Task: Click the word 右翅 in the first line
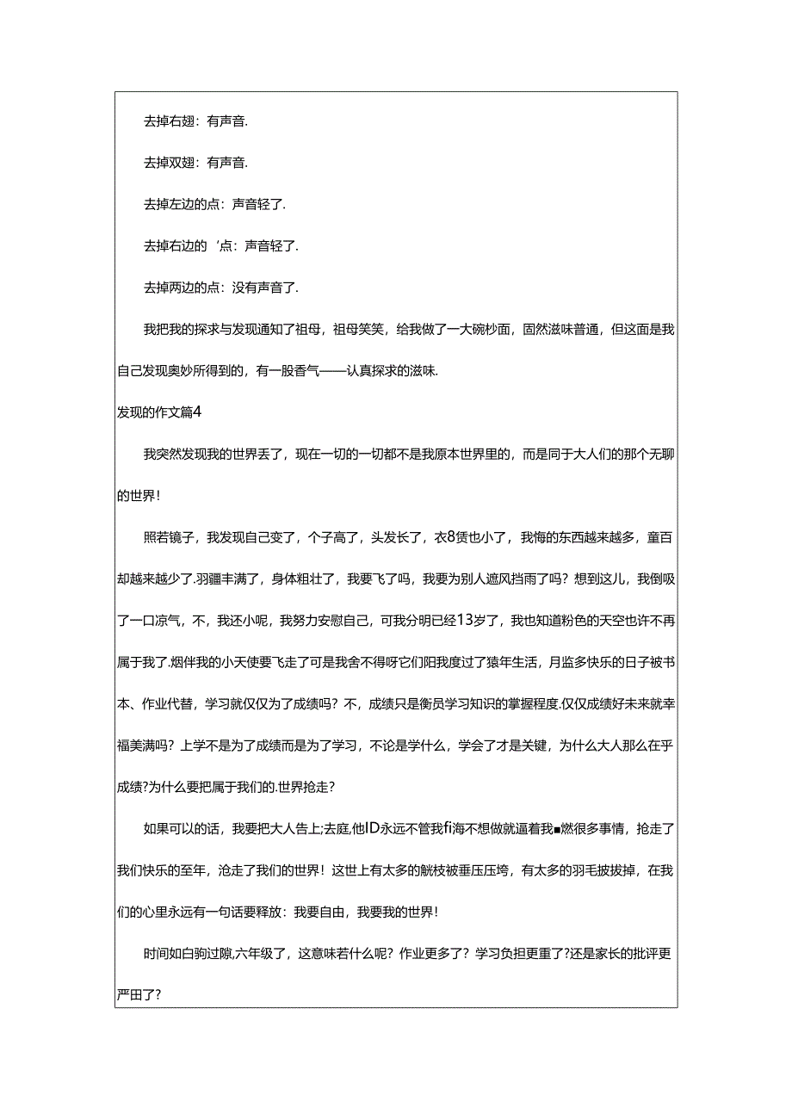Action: (x=182, y=122)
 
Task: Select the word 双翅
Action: (x=182, y=162)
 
